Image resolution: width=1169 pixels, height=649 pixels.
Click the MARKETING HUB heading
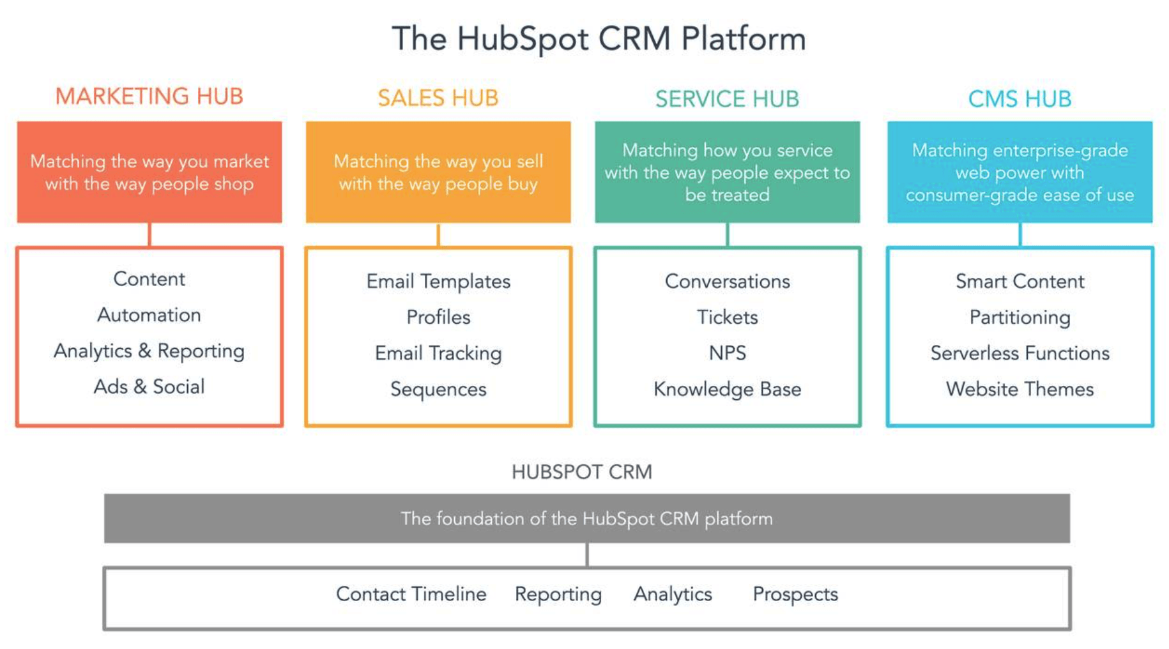point(149,96)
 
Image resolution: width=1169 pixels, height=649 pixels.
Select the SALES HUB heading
point(438,98)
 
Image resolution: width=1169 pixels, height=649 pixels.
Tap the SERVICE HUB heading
point(727,99)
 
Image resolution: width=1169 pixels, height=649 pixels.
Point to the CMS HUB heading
point(1020,99)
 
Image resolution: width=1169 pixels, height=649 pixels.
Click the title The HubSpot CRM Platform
point(599,39)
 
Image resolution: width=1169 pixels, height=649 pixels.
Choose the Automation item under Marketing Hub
point(149,315)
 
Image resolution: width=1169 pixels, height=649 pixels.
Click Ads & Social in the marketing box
point(149,386)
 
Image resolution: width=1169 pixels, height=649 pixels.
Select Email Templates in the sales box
point(438,282)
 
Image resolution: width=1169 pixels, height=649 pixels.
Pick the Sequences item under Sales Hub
point(438,389)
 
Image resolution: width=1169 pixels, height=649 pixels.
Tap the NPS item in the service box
point(727,353)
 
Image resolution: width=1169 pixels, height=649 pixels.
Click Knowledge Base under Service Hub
point(727,389)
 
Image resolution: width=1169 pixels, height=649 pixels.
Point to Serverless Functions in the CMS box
point(1020,353)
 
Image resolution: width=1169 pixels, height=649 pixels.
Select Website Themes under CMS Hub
point(1020,389)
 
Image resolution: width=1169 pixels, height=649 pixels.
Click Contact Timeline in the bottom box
point(411,594)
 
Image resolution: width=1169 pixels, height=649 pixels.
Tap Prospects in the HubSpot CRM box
point(795,594)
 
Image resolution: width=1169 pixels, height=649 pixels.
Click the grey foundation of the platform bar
point(586,518)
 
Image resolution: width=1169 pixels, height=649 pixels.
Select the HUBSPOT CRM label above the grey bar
point(581,472)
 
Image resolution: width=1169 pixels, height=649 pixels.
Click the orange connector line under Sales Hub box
point(438,234)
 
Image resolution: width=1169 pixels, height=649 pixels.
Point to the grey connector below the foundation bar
point(587,554)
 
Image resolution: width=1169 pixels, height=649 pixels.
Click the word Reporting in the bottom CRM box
point(558,594)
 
